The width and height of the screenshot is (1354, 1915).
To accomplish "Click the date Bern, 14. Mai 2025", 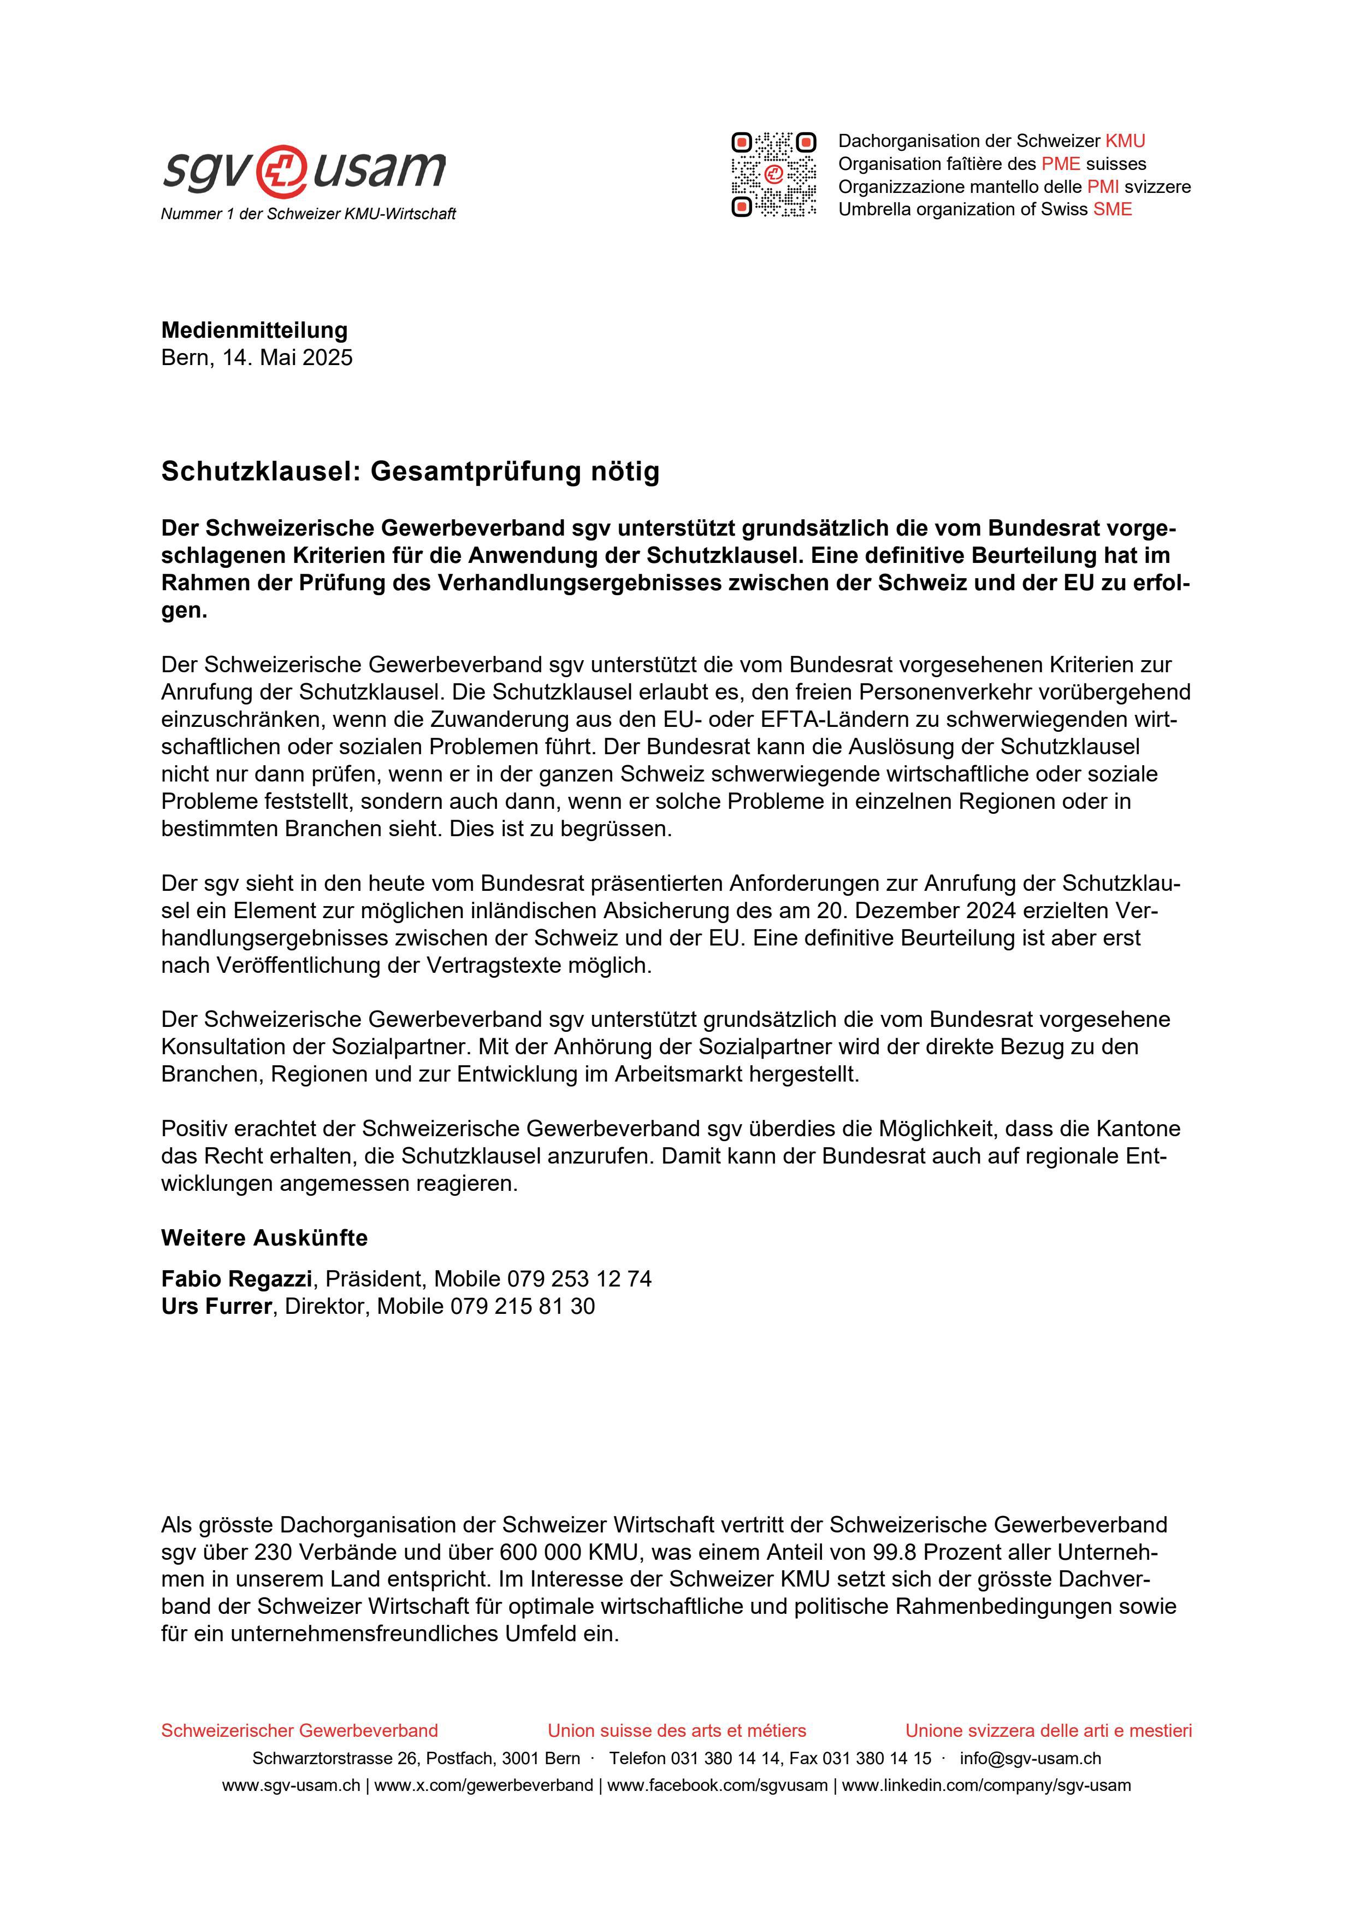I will point(257,358).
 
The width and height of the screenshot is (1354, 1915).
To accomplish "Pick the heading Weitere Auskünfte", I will point(264,1238).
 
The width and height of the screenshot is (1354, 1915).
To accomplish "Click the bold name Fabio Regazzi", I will point(236,1279).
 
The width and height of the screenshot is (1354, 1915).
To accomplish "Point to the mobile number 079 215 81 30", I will point(522,1307).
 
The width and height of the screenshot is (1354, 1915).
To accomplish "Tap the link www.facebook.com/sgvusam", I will point(717,1785).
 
